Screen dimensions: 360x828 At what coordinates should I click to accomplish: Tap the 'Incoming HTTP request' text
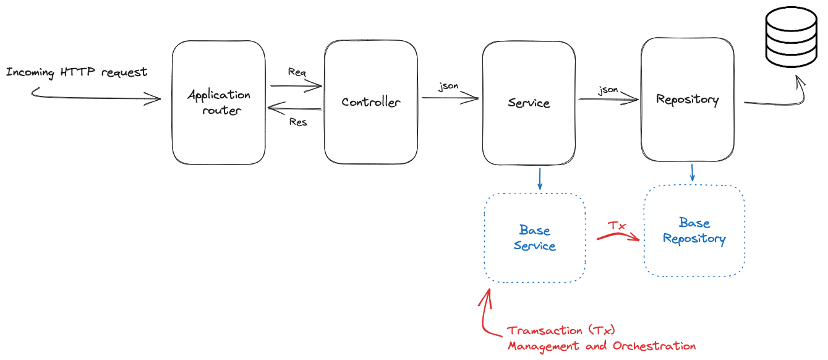(77, 72)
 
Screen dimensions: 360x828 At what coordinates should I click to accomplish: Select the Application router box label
(219, 103)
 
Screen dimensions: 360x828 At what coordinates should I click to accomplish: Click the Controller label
(370, 102)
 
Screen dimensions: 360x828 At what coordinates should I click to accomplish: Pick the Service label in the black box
(529, 103)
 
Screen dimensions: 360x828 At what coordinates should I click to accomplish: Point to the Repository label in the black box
(687, 99)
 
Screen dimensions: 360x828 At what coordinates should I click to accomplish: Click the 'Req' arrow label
(297, 72)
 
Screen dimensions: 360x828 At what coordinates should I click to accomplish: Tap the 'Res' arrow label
(298, 122)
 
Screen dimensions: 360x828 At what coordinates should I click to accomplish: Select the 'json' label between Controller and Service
(448, 86)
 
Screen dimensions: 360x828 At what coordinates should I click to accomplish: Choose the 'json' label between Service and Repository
(608, 90)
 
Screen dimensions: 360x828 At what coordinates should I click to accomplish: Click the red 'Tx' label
(616, 226)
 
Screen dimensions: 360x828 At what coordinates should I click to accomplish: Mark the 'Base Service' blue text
(534, 238)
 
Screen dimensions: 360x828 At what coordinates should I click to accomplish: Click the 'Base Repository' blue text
(694, 231)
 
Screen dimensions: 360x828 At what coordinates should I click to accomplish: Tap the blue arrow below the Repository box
(692, 173)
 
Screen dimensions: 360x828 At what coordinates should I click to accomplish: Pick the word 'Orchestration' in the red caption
(654, 346)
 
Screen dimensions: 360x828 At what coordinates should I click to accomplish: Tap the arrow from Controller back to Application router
(294, 109)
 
